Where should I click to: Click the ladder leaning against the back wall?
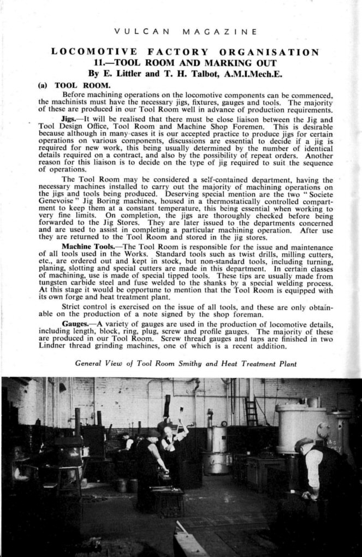click(x=251, y=411)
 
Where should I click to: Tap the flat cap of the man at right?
click(x=302, y=442)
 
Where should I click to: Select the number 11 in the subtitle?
click(x=99, y=62)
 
